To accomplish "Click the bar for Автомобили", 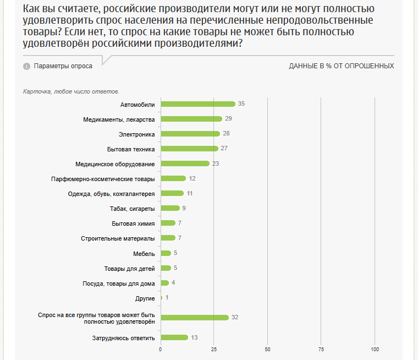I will [198, 104].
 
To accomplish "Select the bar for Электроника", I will [190, 134].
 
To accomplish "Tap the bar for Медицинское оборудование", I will [185, 163].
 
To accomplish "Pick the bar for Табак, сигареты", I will [170, 208].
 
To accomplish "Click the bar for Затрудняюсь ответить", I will [174, 337].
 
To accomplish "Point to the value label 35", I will [241, 104].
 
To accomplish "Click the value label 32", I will [234, 318].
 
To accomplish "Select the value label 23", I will [215, 163].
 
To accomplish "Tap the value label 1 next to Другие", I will [167, 298].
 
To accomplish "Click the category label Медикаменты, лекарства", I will [119, 119].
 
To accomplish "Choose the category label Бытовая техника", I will [131, 149].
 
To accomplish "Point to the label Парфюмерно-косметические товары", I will [103, 178].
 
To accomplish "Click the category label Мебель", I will [144, 253].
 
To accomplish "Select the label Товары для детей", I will [129, 268].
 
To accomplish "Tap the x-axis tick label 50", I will [268, 349].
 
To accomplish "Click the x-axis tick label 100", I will [375, 349].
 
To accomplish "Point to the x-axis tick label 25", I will [214, 349].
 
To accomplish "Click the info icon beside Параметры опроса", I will [26, 66].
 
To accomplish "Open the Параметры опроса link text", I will [63, 66].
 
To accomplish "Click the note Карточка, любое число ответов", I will [71, 91].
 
